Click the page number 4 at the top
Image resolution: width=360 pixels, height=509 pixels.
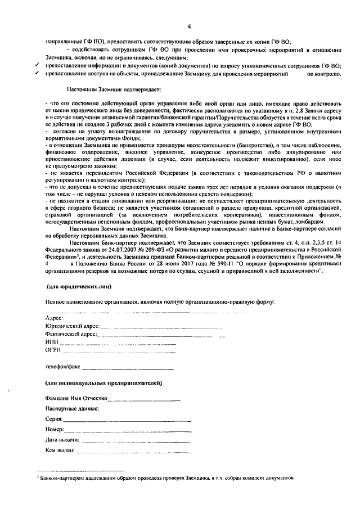189,26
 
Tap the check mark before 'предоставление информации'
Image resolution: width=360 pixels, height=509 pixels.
37,66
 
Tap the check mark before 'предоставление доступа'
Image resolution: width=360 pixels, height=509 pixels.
37,74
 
